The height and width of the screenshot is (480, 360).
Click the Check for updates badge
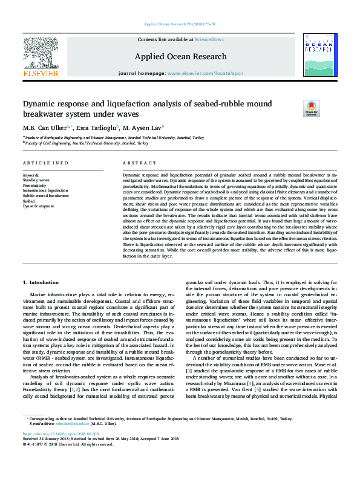click(311, 108)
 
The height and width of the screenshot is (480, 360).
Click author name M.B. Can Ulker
click(47, 128)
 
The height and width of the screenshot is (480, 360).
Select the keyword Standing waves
click(36, 180)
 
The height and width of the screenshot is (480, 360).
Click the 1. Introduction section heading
click(41, 282)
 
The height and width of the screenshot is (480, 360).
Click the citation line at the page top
click(180, 24)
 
